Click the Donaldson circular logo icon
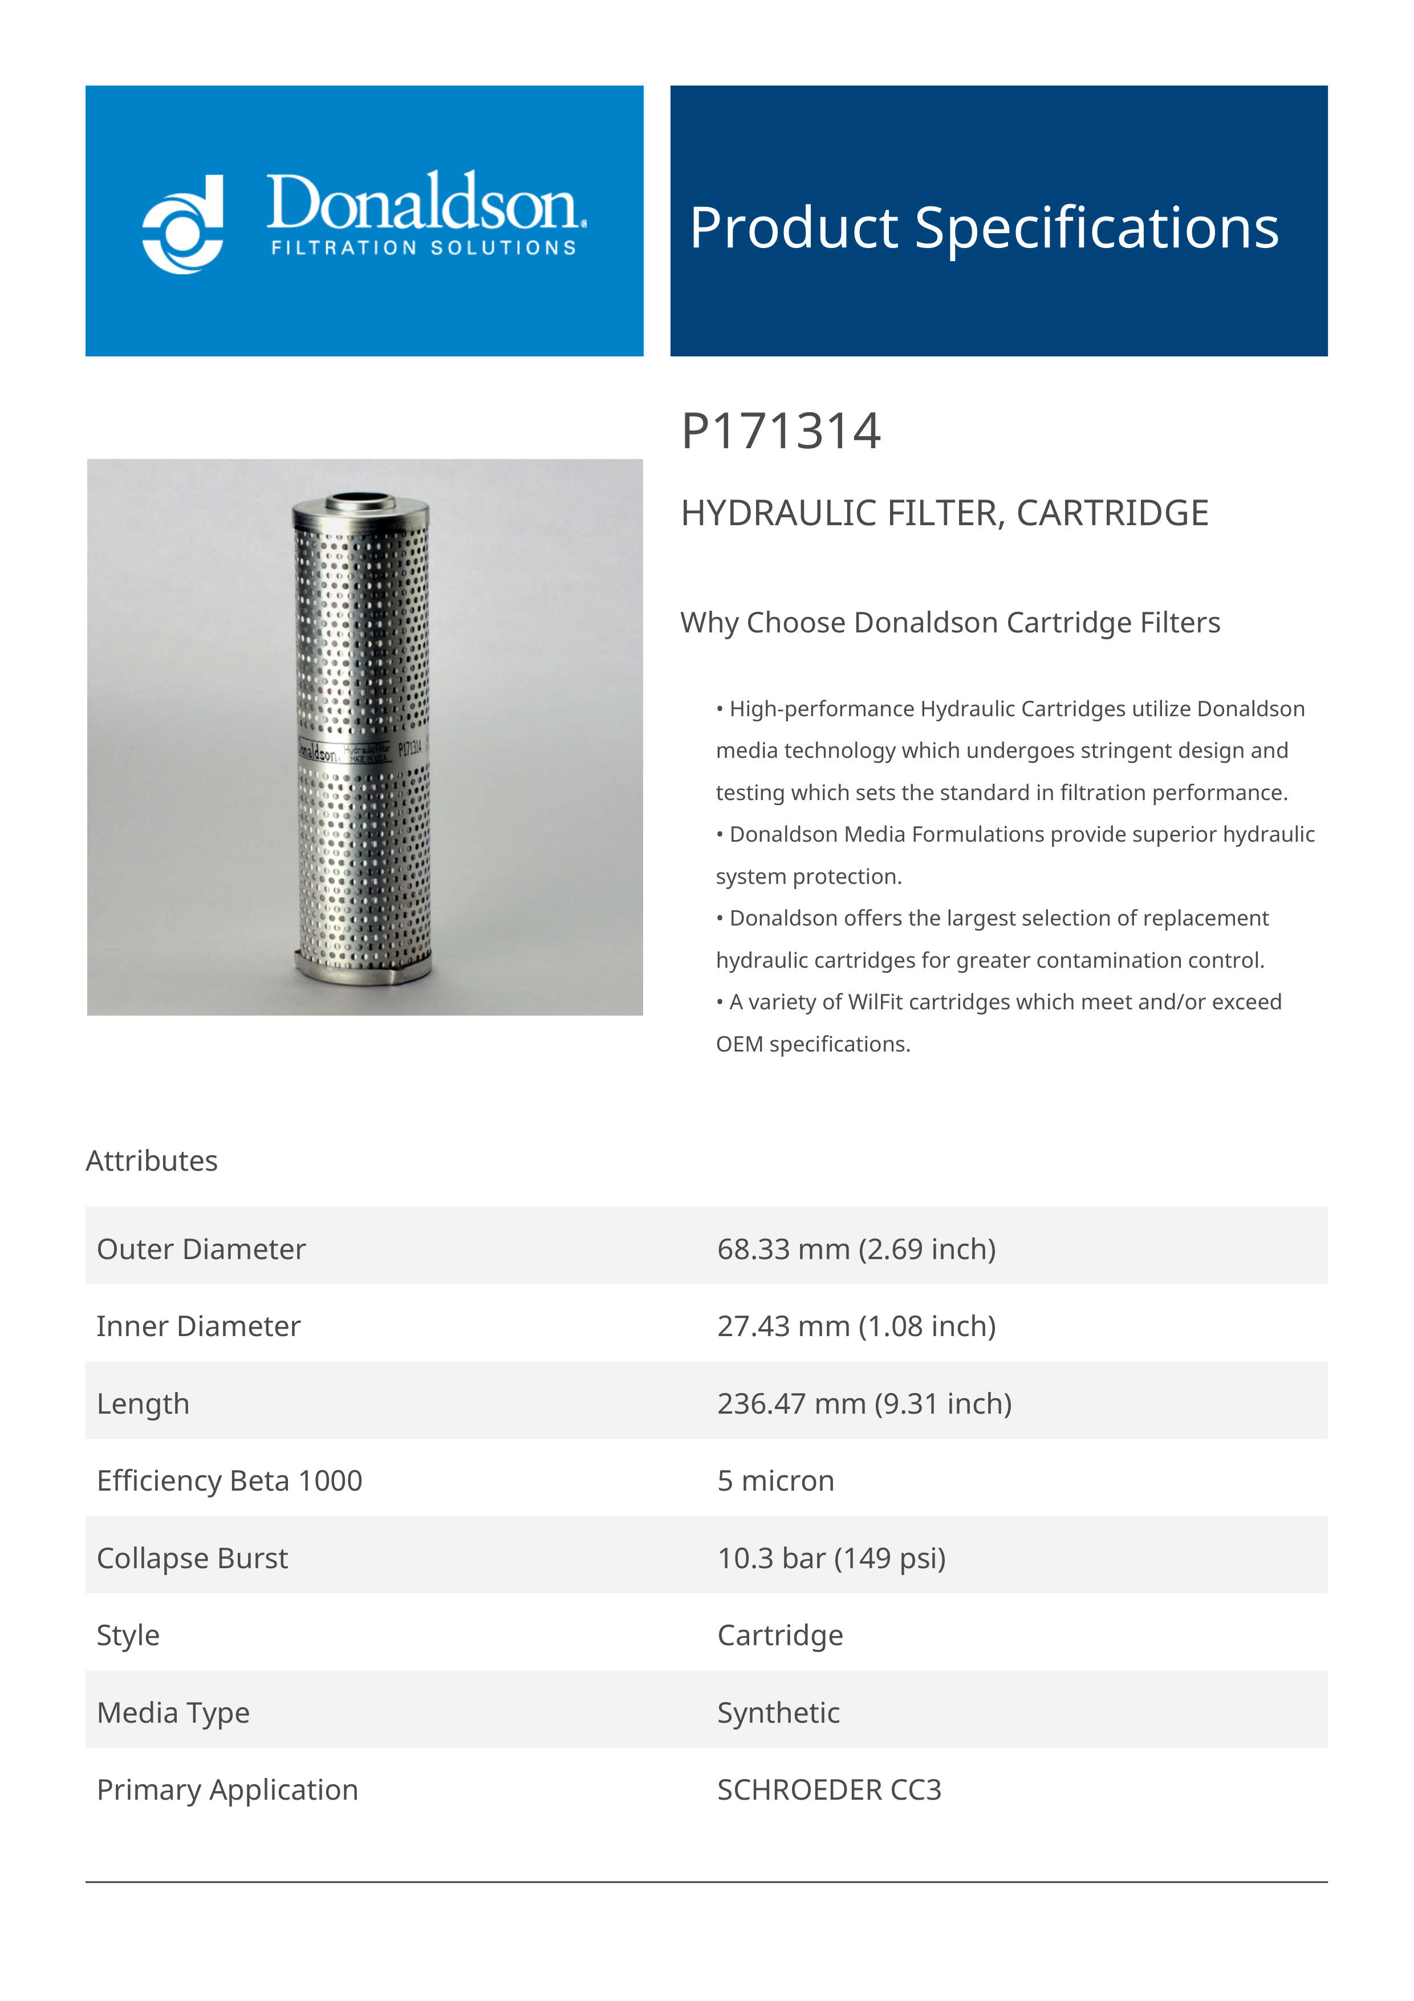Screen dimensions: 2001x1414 [183, 224]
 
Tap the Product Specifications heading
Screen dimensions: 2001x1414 [984, 228]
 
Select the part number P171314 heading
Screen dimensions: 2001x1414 [781, 432]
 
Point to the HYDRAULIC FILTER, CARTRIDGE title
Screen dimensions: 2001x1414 [944, 513]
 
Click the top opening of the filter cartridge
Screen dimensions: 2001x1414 [360, 501]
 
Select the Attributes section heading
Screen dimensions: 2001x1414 [152, 1161]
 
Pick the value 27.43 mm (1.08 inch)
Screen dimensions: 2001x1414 [856, 1326]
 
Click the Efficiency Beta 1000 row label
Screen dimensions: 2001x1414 [229, 1481]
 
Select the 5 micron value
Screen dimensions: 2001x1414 [775, 1481]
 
